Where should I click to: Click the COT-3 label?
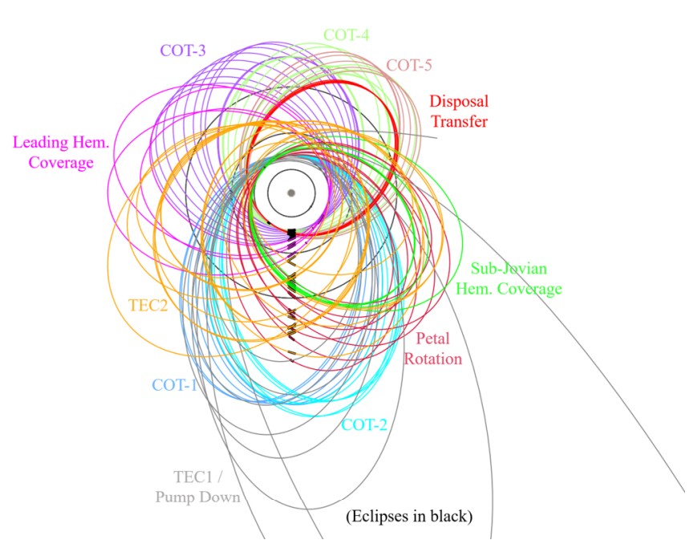point(183,50)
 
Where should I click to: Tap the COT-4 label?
point(346,35)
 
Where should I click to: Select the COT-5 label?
point(409,65)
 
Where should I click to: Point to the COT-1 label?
point(175,384)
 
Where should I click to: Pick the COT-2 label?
point(364,424)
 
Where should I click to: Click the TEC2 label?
point(148,306)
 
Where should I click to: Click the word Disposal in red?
point(459,102)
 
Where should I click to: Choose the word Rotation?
point(432,359)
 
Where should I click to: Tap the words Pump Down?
point(197,497)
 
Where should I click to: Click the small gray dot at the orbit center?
point(291,193)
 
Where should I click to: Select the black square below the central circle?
point(292,233)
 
